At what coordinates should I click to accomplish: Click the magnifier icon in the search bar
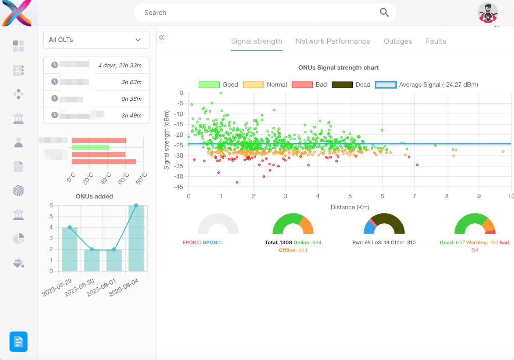click(x=384, y=12)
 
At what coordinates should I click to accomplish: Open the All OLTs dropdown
click(x=96, y=40)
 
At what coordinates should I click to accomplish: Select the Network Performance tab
click(x=333, y=42)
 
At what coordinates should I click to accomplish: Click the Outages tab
click(x=398, y=42)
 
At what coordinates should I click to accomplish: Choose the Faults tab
click(x=436, y=42)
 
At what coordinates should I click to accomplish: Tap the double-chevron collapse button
click(x=162, y=37)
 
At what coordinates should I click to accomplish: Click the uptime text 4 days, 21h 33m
click(x=120, y=65)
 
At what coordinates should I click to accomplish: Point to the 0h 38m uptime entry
click(x=131, y=99)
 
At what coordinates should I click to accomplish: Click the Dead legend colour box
click(x=342, y=85)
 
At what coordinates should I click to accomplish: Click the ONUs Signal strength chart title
click(x=338, y=68)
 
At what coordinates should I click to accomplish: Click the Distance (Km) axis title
click(x=350, y=207)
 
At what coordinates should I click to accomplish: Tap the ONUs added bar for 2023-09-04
click(x=136, y=239)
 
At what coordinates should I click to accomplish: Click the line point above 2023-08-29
click(x=70, y=227)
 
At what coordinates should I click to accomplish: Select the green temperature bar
click(x=91, y=147)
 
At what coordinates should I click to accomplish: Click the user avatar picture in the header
click(x=488, y=13)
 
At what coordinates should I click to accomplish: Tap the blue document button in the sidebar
click(x=18, y=342)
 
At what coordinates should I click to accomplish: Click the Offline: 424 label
click(x=293, y=250)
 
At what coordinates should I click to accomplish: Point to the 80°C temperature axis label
click(x=141, y=178)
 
